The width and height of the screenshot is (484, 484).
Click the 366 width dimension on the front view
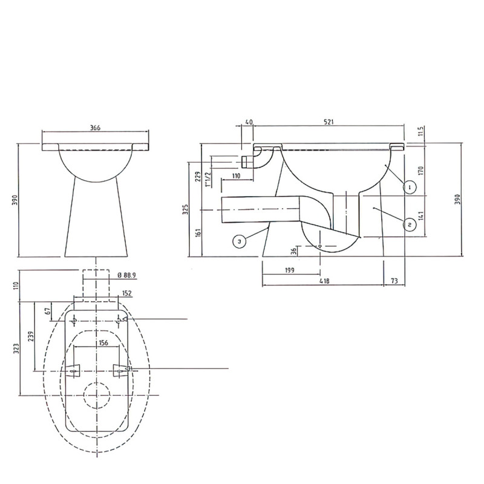(x=96, y=128)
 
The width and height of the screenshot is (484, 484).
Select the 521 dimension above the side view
(x=329, y=122)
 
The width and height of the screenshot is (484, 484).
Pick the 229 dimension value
(x=198, y=176)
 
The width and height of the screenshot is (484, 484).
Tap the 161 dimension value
(x=198, y=232)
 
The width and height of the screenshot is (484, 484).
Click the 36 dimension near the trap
(x=293, y=250)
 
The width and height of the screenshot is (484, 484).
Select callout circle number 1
(x=410, y=187)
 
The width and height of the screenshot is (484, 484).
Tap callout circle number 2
(x=410, y=224)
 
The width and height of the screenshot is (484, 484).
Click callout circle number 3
(x=240, y=241)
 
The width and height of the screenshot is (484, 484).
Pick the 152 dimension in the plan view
(x=126, y=293)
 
